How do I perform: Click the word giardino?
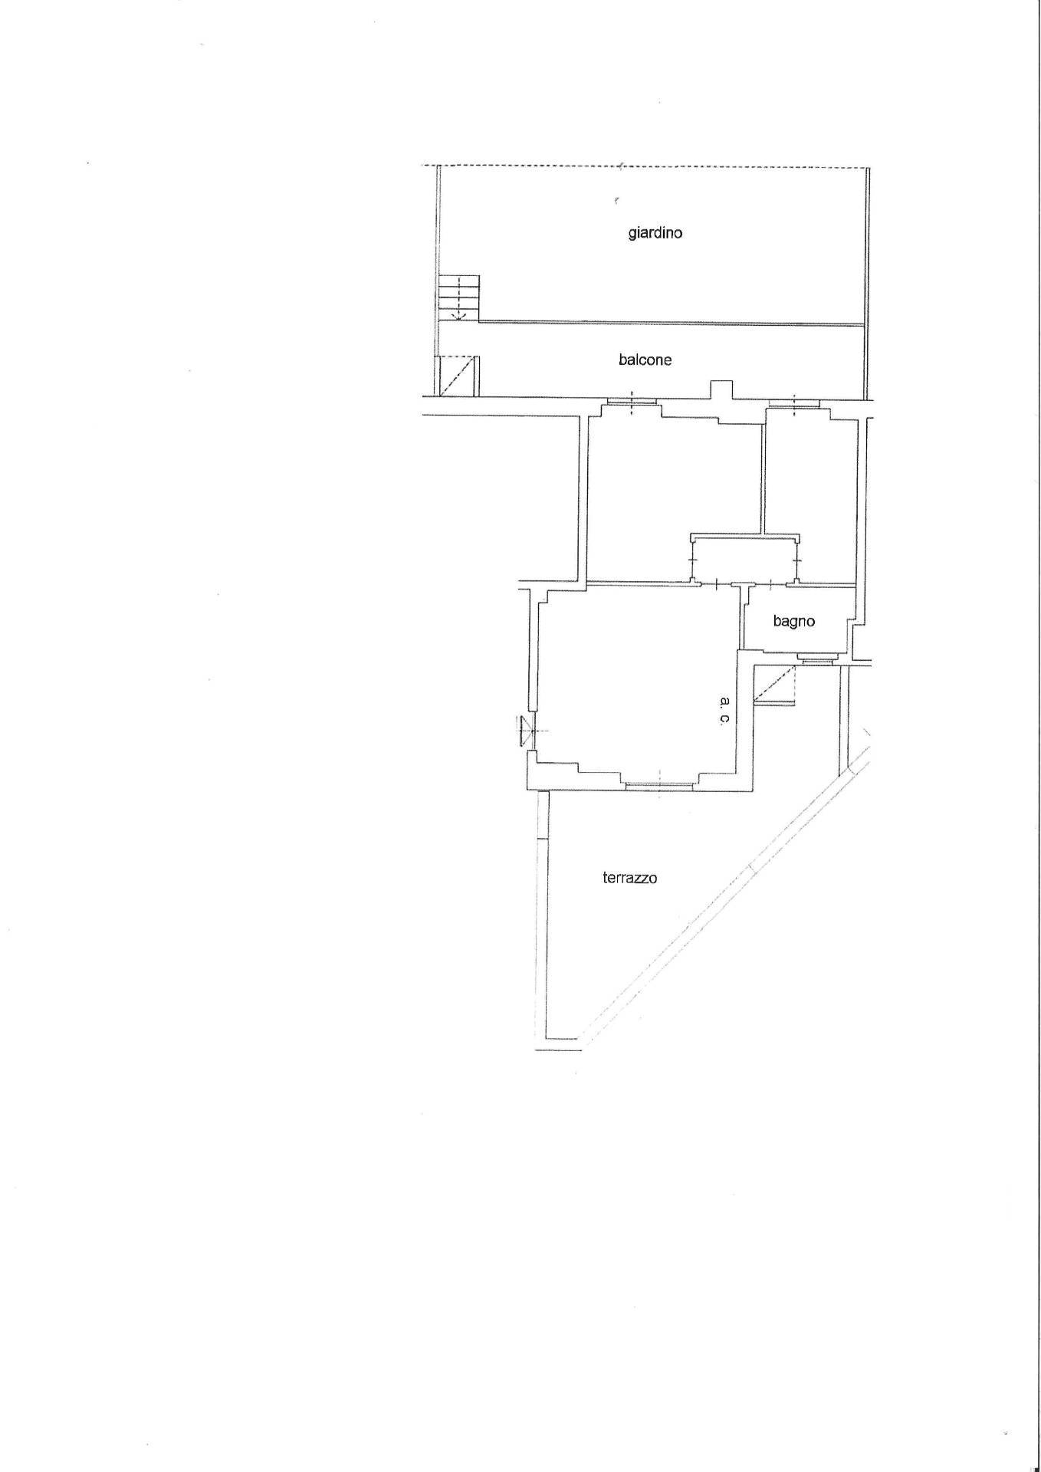655,233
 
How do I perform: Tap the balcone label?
645,360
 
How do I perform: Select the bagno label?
793,622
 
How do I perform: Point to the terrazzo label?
629,879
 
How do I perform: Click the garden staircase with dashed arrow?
458,297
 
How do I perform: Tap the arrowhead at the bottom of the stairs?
458,315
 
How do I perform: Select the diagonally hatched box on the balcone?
457,376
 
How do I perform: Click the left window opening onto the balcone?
632,402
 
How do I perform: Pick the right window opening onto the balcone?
794,402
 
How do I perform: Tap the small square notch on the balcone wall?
721,389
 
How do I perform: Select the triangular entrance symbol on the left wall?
524,730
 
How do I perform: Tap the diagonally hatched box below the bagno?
774,684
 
